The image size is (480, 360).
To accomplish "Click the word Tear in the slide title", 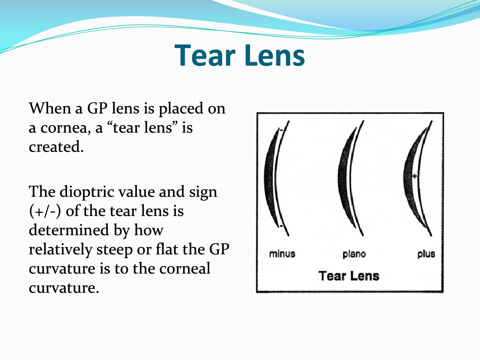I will coord(206,56).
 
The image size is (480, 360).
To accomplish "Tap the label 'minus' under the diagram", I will coord(282,254).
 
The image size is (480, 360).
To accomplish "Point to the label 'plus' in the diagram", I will coord(426,254).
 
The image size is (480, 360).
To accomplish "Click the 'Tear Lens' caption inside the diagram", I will coord(348,276).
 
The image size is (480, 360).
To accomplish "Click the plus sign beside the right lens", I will coord(415,176).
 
